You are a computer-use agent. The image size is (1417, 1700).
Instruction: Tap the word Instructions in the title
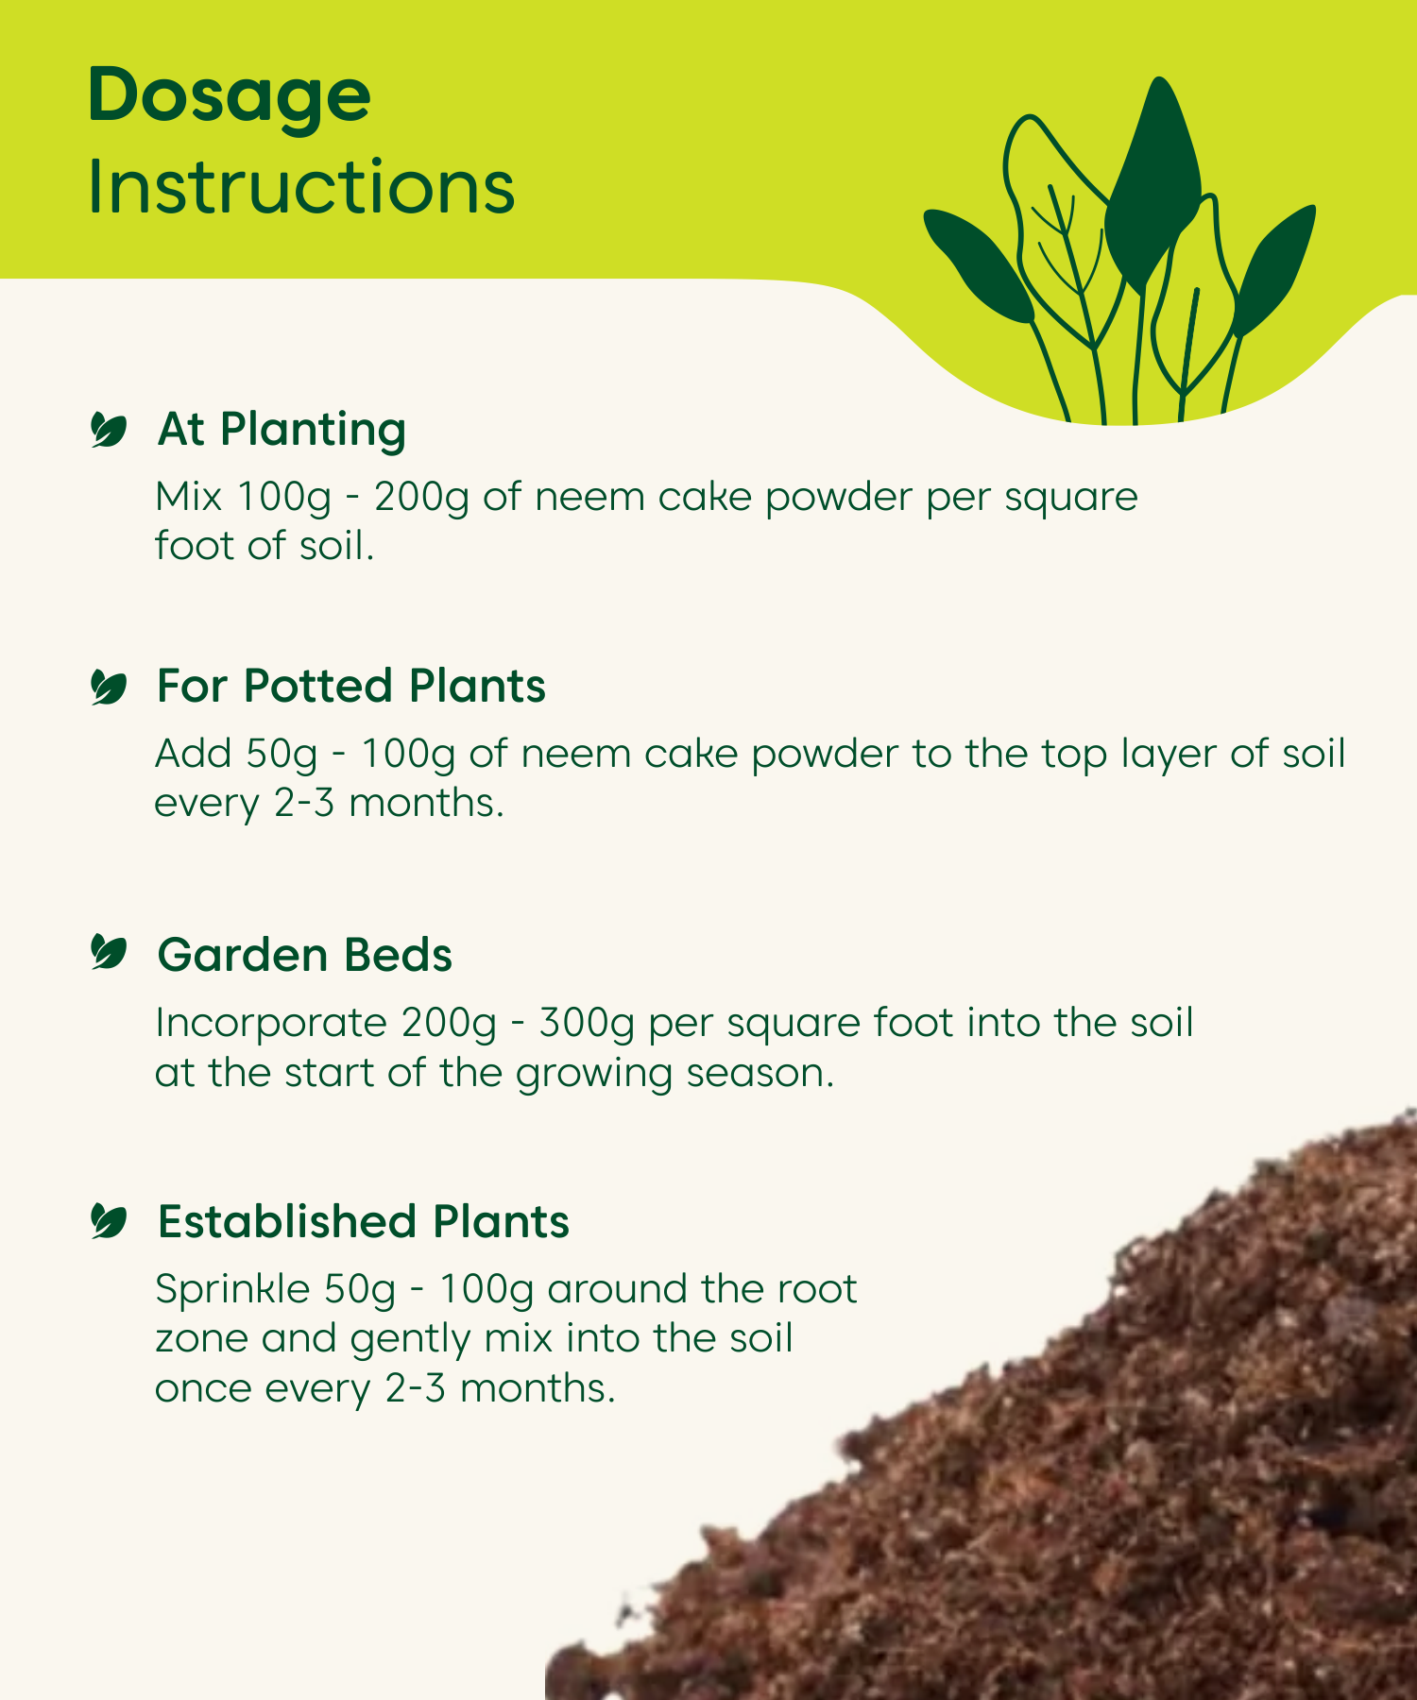301,186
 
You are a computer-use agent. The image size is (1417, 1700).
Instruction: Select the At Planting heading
282,430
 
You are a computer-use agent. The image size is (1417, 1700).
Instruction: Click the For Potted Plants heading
351,686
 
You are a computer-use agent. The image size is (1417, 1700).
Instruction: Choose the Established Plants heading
364,1221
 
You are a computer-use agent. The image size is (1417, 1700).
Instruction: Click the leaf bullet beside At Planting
109,430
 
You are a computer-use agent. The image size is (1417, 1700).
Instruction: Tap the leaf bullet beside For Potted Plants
109,687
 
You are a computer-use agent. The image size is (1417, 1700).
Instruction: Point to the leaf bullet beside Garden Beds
109,952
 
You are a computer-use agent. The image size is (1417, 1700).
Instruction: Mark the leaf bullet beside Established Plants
109,1220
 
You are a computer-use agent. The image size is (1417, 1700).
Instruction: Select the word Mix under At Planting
188,496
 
